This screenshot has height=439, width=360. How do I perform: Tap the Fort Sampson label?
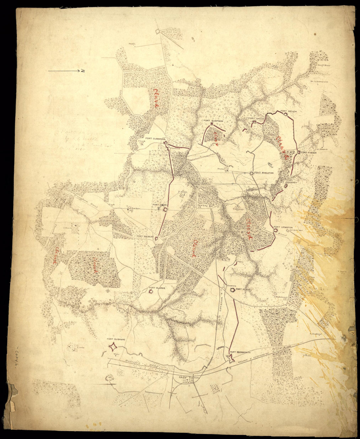tap(213, 121)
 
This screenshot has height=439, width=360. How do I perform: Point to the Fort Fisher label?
tap(308, 153)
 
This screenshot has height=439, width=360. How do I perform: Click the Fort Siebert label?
tap(145, 236)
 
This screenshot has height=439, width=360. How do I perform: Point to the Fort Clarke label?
tap(157, 288)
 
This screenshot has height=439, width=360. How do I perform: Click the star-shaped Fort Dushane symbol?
tap(113, 346)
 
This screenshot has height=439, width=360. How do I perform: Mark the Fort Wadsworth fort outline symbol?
tap(230, 358)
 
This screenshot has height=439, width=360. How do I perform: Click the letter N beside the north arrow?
tap(84, 70)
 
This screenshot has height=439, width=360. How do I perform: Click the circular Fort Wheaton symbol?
tap(251, 173)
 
